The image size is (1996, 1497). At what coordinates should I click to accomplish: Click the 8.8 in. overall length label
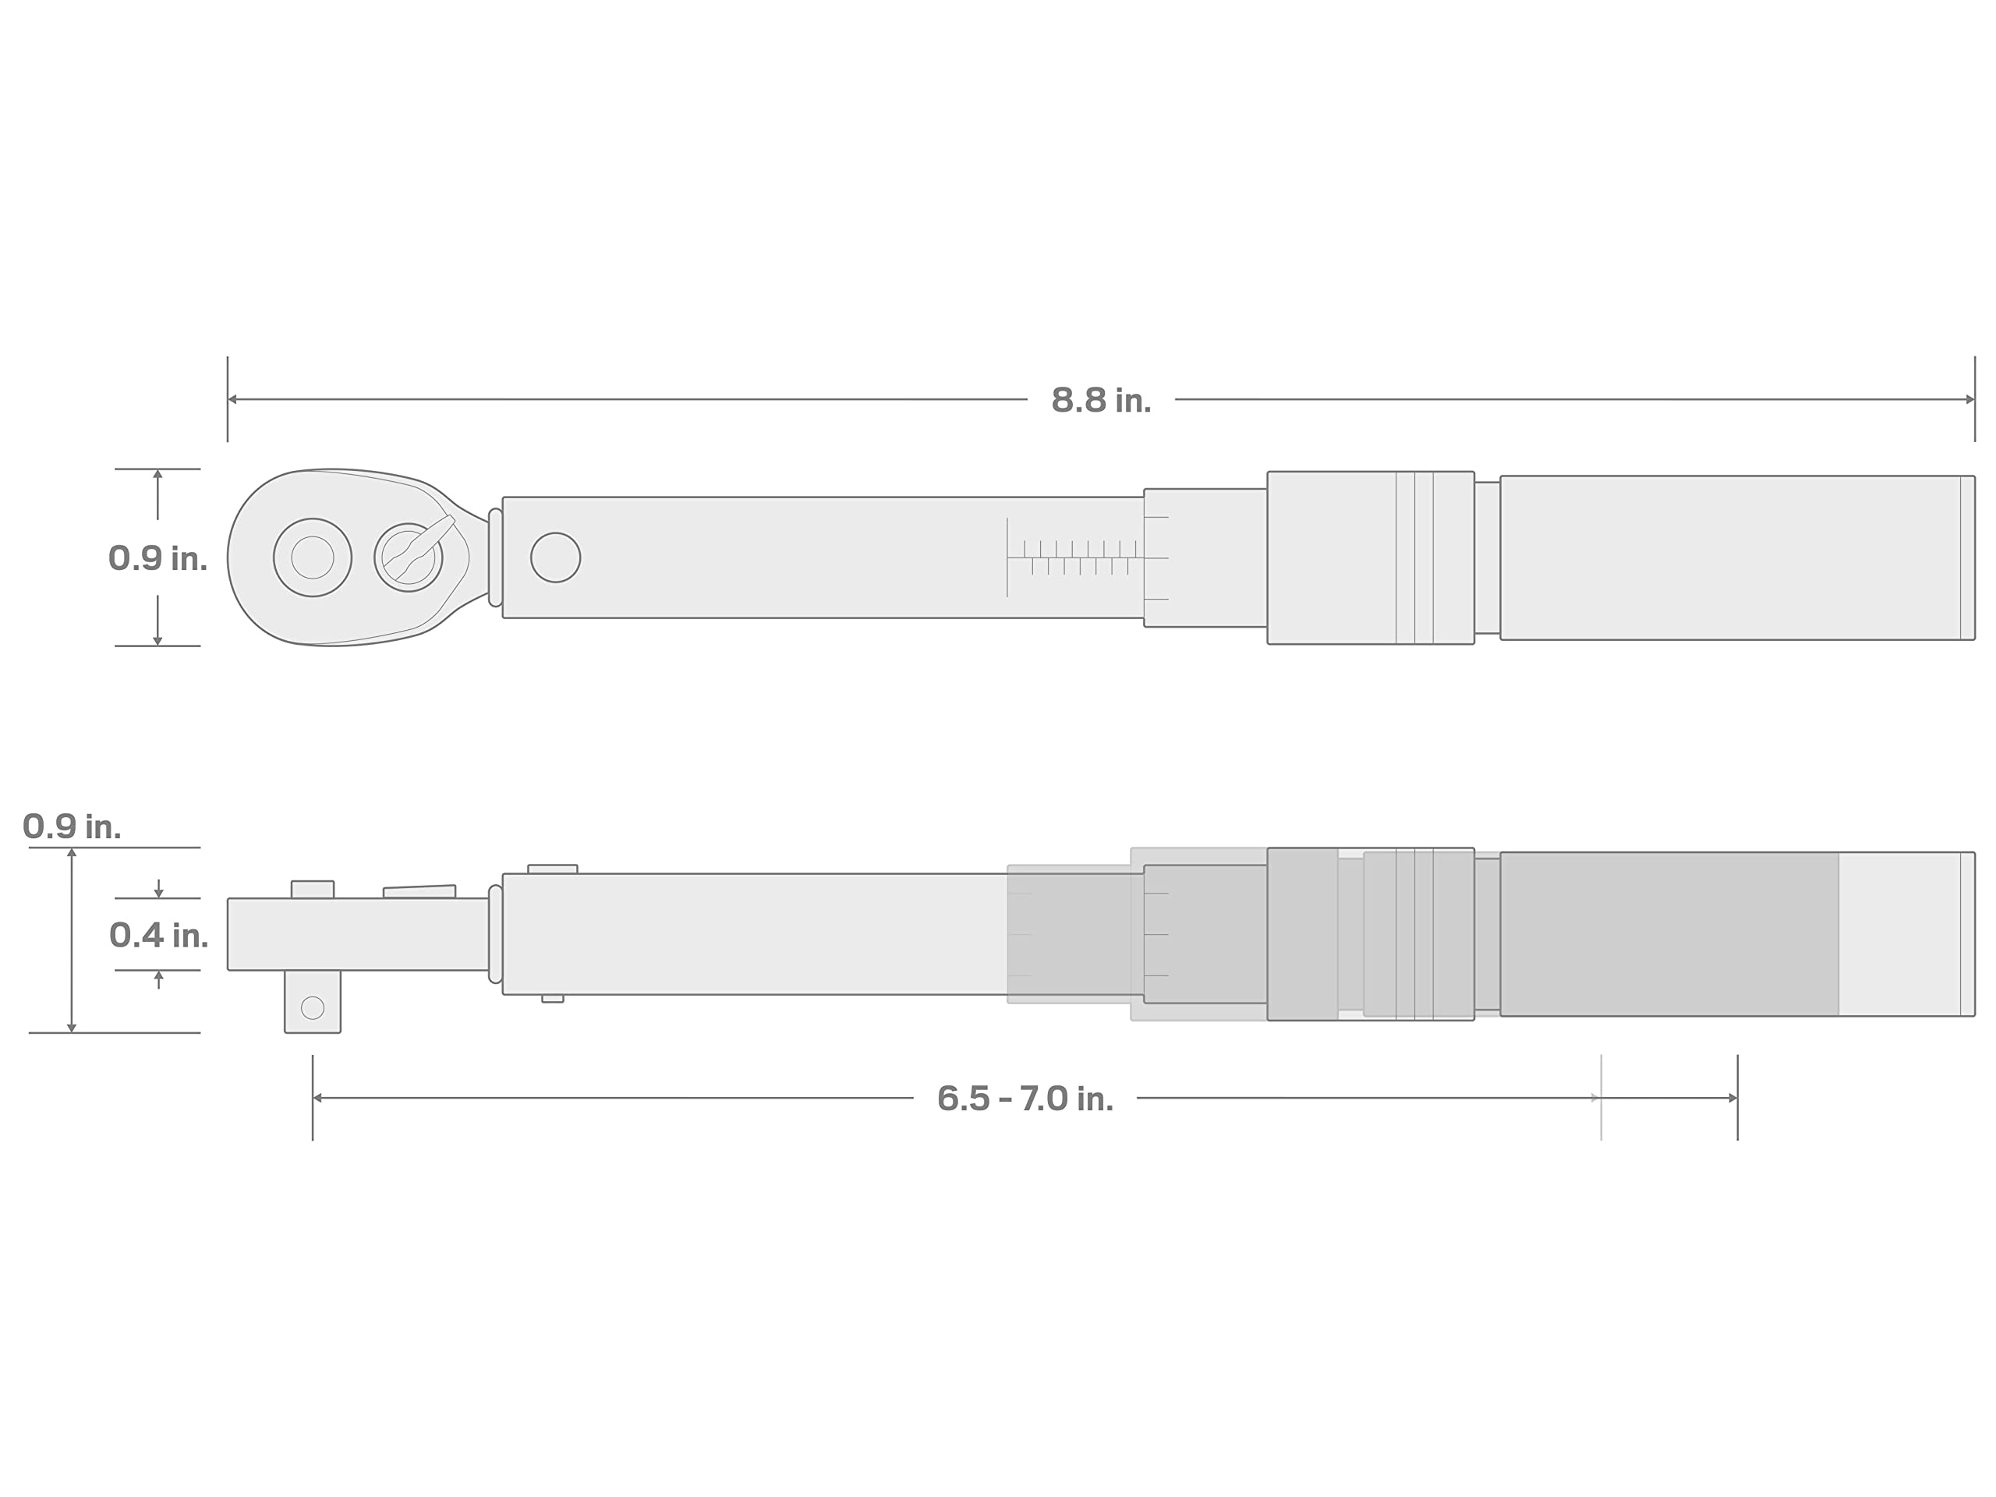[1101, 400]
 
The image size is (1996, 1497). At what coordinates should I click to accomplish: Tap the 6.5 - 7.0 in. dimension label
[1025, 1098]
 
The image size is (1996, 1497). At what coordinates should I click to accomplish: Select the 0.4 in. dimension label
[159, 935]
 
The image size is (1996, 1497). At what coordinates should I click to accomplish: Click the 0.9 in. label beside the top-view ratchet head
[158, 557]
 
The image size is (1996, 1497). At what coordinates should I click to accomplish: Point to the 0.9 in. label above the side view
[71, 826]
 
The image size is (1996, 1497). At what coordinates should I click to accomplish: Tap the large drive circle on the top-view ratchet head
[312, 557]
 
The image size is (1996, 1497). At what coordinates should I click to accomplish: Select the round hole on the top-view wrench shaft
[556, 557]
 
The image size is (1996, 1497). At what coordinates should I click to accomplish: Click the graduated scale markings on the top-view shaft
[1076, 557]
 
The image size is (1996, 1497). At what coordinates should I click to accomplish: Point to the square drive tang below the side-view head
[312, 1002]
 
